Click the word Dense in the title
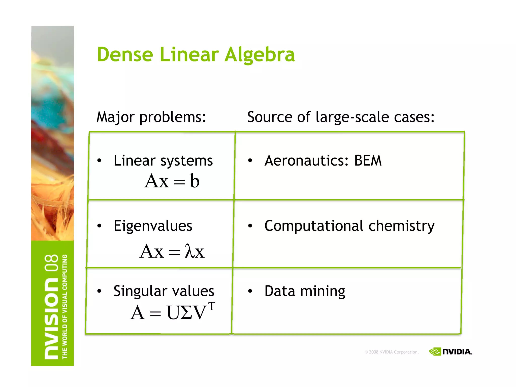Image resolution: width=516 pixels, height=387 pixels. (125, 54)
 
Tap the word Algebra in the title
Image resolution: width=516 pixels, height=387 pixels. (260, 55)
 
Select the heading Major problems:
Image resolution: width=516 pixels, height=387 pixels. (151, 117)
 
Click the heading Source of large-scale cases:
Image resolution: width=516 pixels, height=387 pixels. (341, 117)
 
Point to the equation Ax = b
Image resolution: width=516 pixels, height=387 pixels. (172, 181)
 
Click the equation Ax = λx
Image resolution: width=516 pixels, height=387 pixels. (172, 251)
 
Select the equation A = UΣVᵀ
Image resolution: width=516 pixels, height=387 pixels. (173, 312)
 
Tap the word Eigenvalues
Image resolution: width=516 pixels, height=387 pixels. (153, 226)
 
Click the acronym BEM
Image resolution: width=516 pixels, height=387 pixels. (368, 160)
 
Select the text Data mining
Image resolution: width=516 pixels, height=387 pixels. (305, 291)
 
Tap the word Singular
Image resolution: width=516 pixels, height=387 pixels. (139, 292)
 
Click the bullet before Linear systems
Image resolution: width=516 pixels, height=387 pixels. (99, 160)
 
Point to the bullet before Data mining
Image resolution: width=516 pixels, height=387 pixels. (250, 291)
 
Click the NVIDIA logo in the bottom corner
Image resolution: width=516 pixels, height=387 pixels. (450, 351)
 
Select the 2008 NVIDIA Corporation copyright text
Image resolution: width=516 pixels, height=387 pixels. (392, 352)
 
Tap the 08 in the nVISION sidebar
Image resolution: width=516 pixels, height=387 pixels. (51, 263)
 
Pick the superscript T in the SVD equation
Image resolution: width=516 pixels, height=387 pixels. (212, 306)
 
